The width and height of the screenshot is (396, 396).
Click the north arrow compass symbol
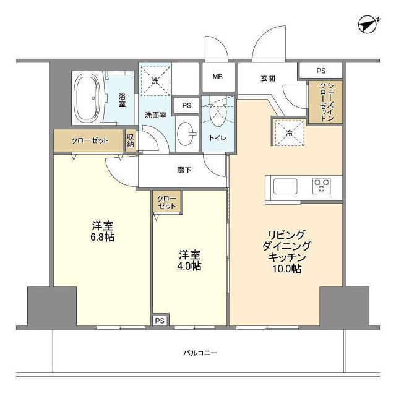tap(369, 25)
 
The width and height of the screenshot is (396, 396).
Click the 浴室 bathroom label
tap(122, 100)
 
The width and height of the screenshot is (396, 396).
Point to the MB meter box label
tap(217, 77)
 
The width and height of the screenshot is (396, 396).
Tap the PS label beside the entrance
tap(321, 71)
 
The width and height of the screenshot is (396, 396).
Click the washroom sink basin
tap(186, 132)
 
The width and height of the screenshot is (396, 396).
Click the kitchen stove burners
tap(322, 186)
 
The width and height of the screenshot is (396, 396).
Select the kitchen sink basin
tap(285, 186)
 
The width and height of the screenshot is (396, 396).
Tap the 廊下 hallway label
tap(184, 169)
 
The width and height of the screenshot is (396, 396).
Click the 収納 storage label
tap(131, 140)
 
